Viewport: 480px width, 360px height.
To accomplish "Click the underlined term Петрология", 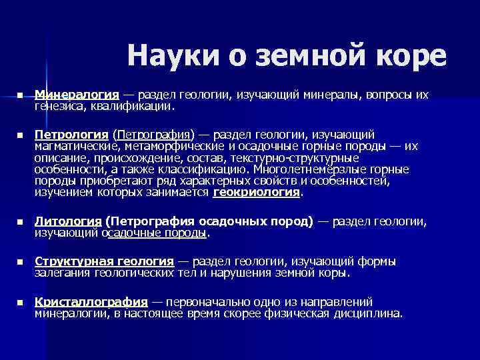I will click(x=71, y=135).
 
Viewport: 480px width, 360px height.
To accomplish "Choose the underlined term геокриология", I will click(x=257, y=193).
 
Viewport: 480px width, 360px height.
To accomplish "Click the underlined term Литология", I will click(x=67, y=222).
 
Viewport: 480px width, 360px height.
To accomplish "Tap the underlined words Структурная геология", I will click(x=104, y=261).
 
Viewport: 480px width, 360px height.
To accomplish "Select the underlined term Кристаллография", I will click(x=91, y=301).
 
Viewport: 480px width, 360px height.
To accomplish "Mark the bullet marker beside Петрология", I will click(x=21, y=135).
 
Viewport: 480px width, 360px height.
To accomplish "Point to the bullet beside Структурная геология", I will click(x=21, y=262).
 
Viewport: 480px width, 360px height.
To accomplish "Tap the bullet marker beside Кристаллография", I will click(x=21, y=302).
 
